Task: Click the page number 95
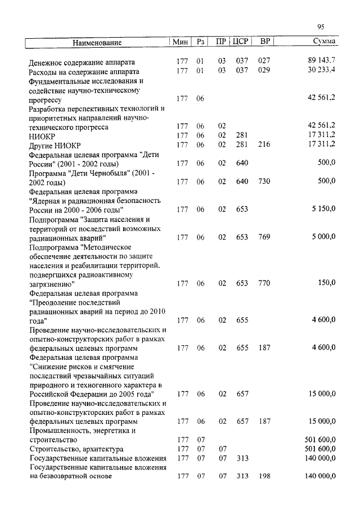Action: click(x=321, y=26)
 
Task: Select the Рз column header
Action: click(x=201, y=42)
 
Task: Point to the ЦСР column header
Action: click(x=240, y=42)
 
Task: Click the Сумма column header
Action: click(x=324, y=42)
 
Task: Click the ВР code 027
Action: click(x=264, y=60)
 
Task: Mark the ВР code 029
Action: click(x=264, y=70)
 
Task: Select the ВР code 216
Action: click(x=264, y=144)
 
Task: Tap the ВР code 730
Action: click(x=264, y=181)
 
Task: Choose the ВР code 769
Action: click(x=264, y=237)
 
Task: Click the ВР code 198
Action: click(x=264, y=476)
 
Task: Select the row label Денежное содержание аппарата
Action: click(x=82, y=61)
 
